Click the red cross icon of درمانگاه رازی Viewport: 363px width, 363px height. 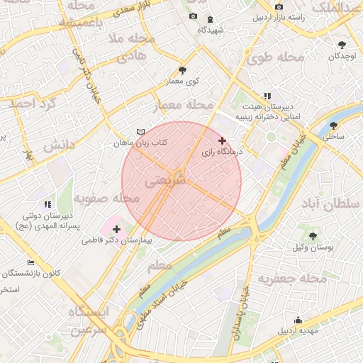(223, 140)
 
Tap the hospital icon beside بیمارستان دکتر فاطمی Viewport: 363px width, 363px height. (116, 229)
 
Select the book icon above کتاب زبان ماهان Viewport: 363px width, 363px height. (140, 132)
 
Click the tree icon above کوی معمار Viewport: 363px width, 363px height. (183, 70)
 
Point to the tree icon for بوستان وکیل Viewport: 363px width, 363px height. (313, 235)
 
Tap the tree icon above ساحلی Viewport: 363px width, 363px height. (333, 125)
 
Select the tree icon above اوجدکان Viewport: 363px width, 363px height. (342, 44)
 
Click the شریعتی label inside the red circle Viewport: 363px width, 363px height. (165, 181)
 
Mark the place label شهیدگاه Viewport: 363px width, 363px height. (211, 30)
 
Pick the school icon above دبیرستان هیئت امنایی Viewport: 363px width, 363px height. (267, 96)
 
